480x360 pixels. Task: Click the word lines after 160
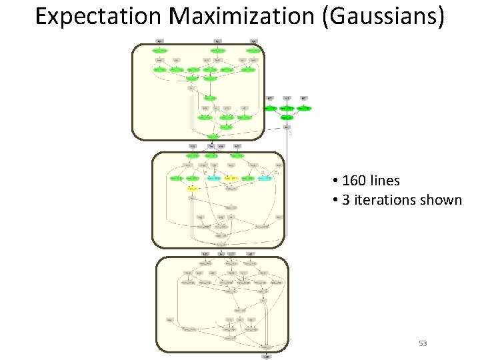click(x=385, y=181)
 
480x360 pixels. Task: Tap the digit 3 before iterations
click(x=345, y=200)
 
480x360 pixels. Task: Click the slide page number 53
click(x=423, y=343)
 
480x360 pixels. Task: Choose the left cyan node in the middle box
click(x=213, y=179)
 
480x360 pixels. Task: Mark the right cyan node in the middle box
click(x=265, y=179)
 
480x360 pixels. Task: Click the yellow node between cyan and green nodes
click(x=231, y=179)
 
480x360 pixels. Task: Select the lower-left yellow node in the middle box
click(x=192, y=189)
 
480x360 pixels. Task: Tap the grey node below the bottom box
click(x=266, y=357)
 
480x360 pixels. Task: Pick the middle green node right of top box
click(x=287, y=108)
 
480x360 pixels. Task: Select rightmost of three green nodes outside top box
click(x=304, y=108)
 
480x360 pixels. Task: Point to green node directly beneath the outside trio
click(x=287, y=117)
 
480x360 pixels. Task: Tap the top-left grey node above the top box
click(x=159, y=41)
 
